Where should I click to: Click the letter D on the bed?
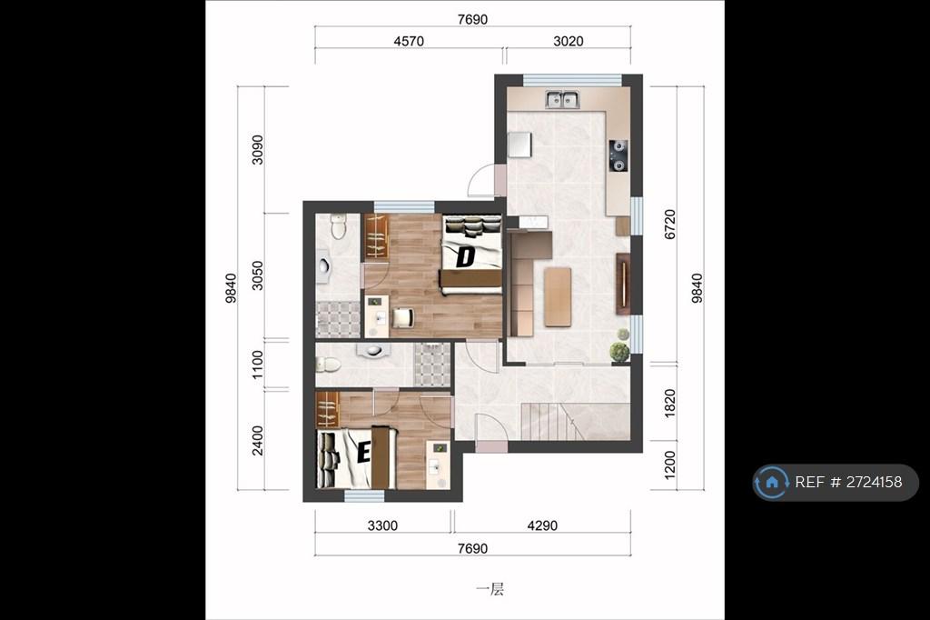tap(466, 257)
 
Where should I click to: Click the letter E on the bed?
tap(363, 453)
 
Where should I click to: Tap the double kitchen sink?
tap(562, 100)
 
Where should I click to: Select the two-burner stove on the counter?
tap(618, 155)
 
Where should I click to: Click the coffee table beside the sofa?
tap(558, 297)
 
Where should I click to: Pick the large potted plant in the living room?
tap(619, 352)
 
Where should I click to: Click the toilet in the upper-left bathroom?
tap(338, 226)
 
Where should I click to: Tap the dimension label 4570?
tap(409, 41)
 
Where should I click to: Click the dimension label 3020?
tap(569, 41)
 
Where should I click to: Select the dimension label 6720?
tap(669, 225)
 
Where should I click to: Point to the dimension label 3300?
tap(382, 525)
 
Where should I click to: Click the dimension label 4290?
tap(542, 525)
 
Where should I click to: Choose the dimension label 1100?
tap(257, 365)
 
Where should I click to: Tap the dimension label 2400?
tap(257, 441)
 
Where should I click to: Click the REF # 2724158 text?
tap(848, 482)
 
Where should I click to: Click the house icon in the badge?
tap(772, 482)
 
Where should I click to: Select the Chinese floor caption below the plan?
tap(490, 589)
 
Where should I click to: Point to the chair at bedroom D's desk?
tap(402, 317)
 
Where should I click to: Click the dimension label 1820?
tap(669, 404)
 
